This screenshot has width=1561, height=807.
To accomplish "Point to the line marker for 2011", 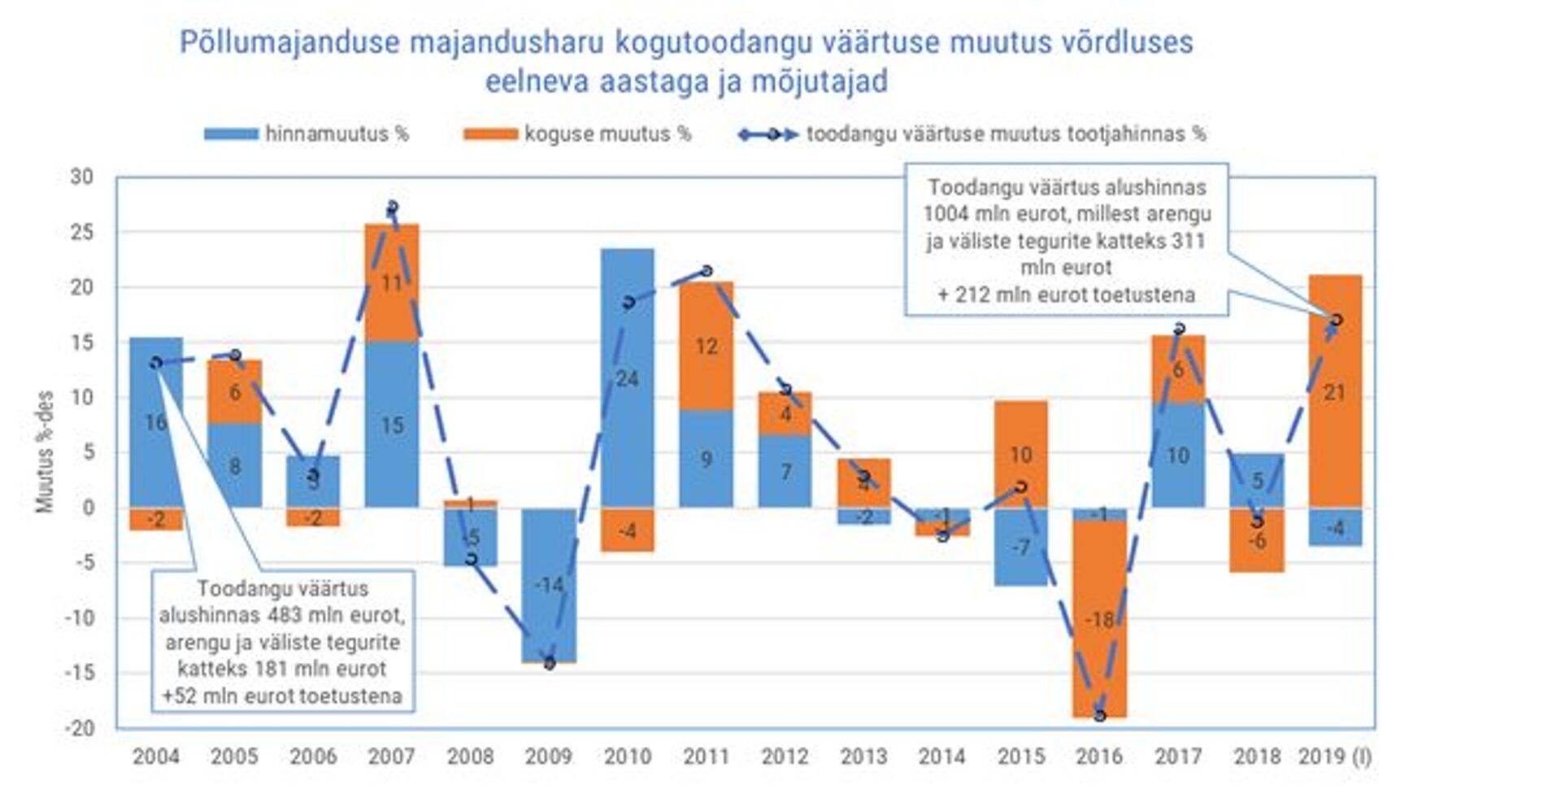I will (707, 271).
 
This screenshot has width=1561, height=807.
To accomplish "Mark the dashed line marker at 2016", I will (1099, 715).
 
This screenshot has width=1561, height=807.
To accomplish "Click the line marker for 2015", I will (1021, 486).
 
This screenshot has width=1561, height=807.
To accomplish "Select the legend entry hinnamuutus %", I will (307, 134).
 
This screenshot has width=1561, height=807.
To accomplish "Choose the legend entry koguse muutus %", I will (577, 134).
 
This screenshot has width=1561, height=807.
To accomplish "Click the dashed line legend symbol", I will (768, 134).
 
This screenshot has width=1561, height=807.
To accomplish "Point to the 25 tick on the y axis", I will (81, 233).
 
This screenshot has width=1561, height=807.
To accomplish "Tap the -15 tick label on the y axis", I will (79, 673).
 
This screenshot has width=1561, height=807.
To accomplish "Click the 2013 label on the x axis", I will (863, 757).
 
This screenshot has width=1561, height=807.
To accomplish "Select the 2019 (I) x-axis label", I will (1334, 757).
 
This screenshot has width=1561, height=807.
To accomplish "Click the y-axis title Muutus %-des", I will (45, 451).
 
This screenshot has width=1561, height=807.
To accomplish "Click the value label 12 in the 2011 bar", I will (707, 347).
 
